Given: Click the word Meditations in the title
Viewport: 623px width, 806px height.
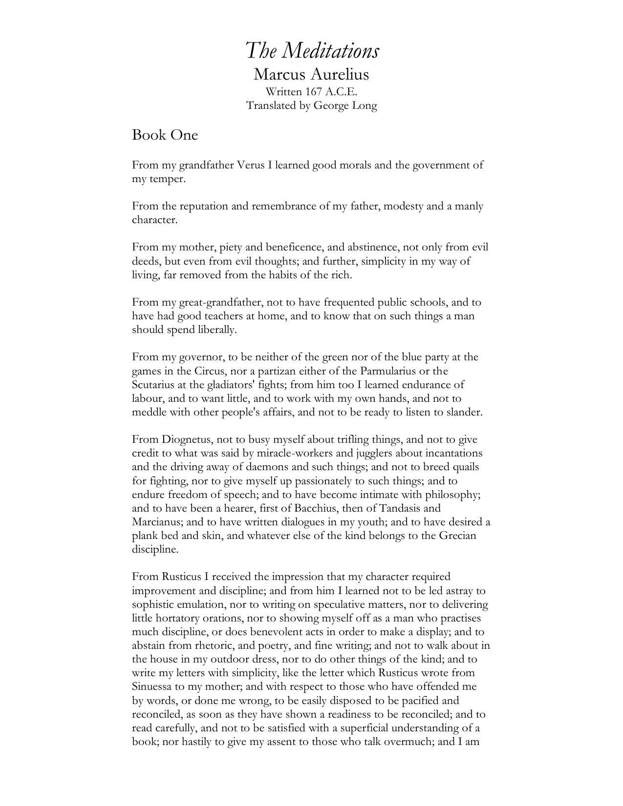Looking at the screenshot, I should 331,51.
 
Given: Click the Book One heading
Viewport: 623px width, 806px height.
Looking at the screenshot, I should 165,135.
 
